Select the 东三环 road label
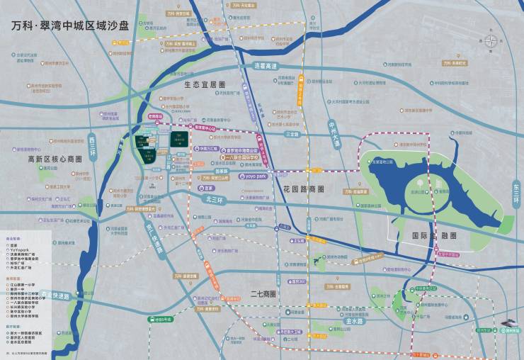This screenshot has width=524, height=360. [516, 191]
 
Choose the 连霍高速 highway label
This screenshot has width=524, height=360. [263, 66]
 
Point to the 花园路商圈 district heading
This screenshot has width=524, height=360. [303, 189]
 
